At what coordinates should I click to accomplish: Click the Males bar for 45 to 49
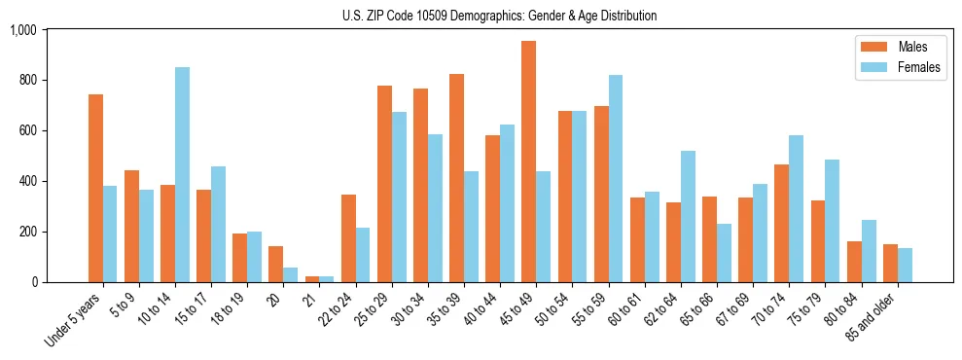point(528,162)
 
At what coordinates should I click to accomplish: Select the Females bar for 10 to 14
point(182,175)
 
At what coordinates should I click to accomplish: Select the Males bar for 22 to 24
point(348,238)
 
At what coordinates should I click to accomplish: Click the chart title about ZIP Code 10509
point(499,16)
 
